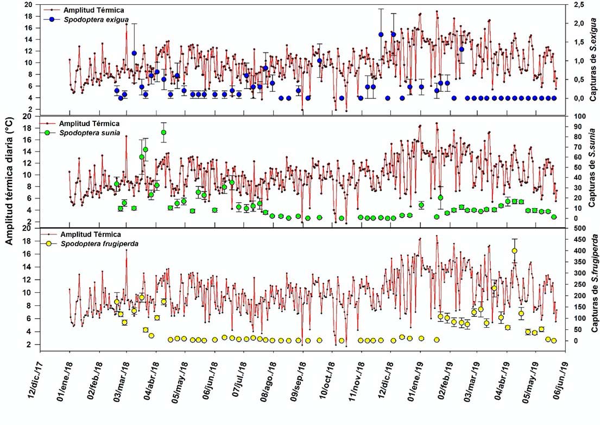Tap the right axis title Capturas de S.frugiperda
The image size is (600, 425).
[x=593, y=285]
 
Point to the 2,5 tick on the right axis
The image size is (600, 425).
[x=577, y=4]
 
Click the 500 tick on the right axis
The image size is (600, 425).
[x=577, y=228]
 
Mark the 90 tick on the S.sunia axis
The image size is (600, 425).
[x=576, y=126]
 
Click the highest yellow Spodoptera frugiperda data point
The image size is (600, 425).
[x=514, y=251]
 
